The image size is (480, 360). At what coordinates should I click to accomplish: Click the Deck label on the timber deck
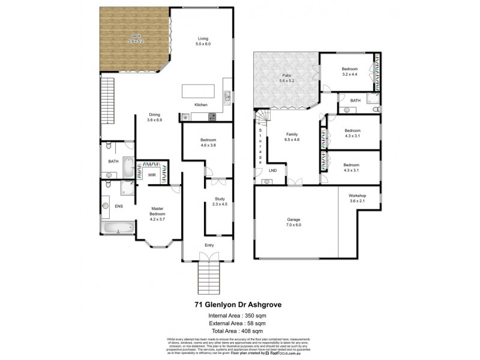(137, 36)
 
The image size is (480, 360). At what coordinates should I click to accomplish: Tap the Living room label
(205, 39)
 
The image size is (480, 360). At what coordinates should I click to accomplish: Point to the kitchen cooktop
(212, 116)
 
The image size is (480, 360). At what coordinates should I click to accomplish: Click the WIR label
(152, 175)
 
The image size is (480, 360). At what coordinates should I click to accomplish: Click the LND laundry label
(273, 170)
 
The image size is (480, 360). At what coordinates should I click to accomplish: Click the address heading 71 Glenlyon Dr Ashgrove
(240, 304)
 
